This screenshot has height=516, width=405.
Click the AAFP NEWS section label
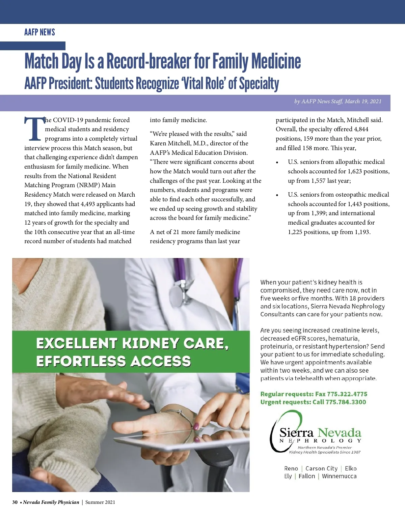[39, 32]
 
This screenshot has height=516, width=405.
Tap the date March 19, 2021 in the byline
[363, 101]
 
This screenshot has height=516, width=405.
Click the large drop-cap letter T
[34, 129]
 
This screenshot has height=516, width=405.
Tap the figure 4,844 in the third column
[361, 129]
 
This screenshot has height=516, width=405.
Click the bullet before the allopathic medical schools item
[277, 163]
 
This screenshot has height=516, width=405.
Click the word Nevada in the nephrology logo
[339, 433]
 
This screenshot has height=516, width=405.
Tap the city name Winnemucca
[339, 476]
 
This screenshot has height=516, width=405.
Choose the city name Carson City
[321, 468]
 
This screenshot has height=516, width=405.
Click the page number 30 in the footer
[15, 502]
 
